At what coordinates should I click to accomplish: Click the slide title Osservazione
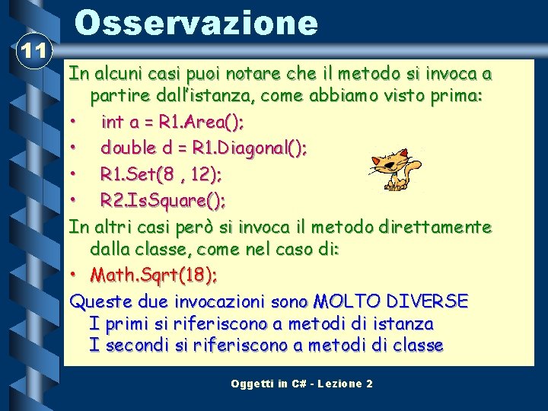pyautogui.click(x=196, y=23)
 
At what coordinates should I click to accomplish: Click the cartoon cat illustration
pyautogui.click(x=393, y=163)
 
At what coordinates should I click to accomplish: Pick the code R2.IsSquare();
pyautogui.click(x=163, y=201)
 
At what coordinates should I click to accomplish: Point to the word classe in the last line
pyautogui.click(x=418, y=346)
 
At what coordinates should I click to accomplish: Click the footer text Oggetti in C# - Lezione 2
pyautogui.click(x=301, y=384)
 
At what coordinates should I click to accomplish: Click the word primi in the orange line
pyautogui.click(x=126, y=323)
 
